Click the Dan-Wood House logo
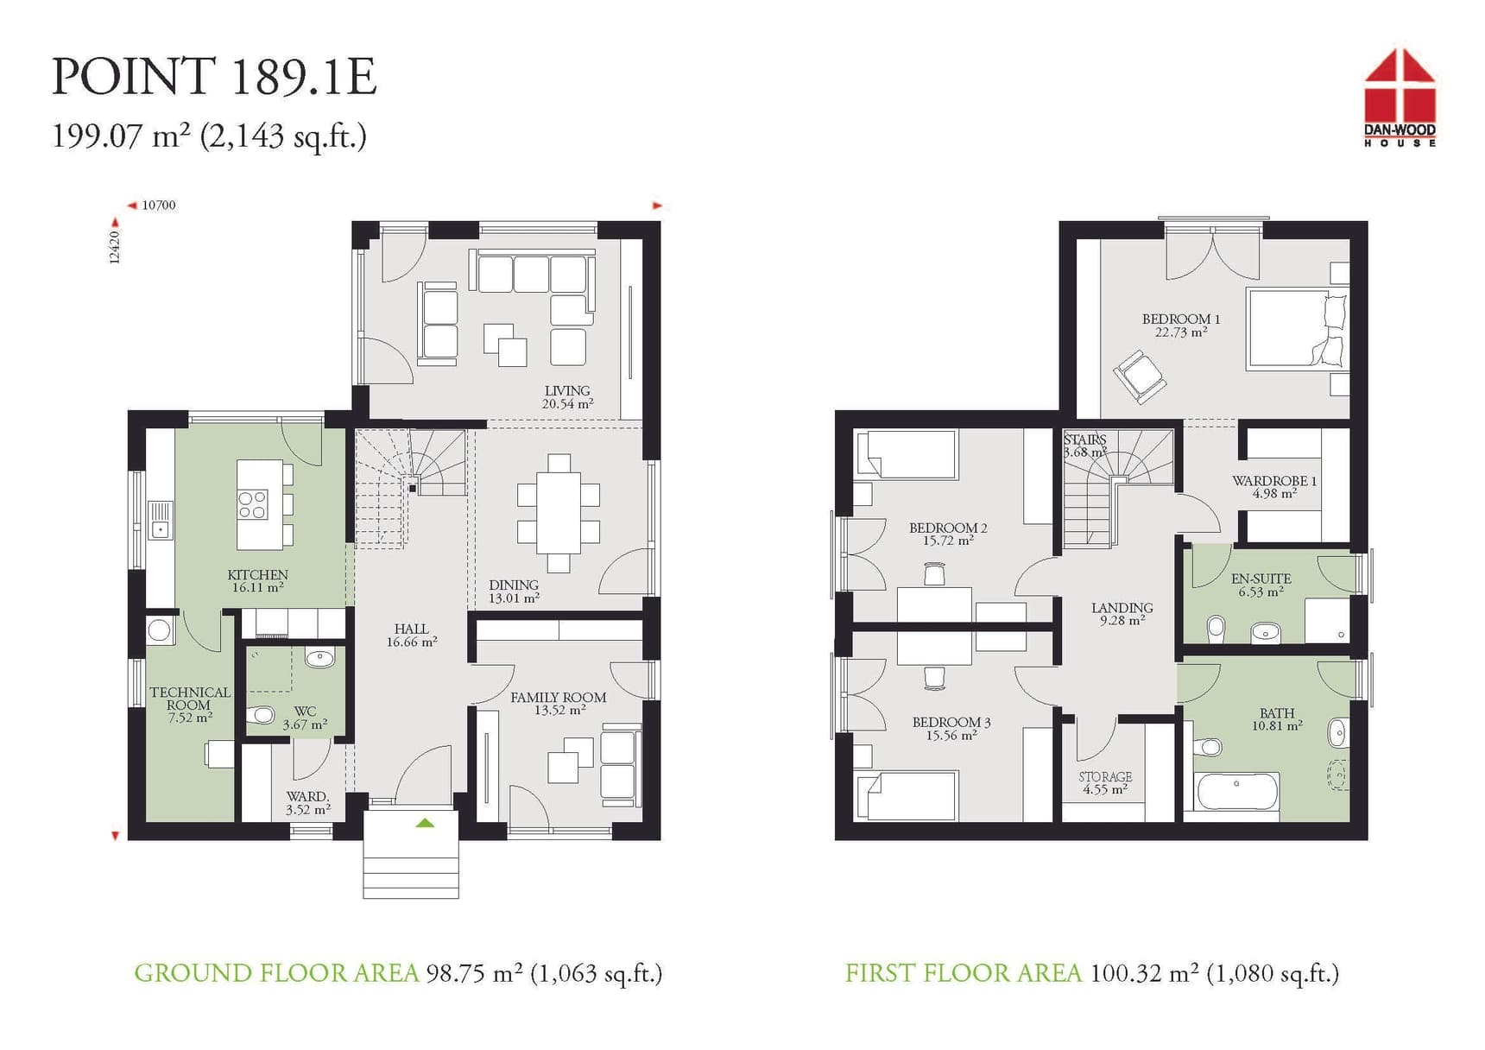(1400, 97)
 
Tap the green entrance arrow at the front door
(425, 823)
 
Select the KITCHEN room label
(257, 575)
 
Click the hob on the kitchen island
(253, 505)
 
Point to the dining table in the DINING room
(559, 513)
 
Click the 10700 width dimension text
(159, 206)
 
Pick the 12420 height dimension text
(115, 247)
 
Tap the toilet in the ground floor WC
(262, 715)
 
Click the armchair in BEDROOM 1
(1140, 376)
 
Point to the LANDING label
(1122, 608)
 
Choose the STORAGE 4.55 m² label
(1105, 782)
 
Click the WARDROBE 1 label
(1273, 481)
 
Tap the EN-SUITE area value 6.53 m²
(1261, 592)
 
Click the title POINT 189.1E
(214, 77)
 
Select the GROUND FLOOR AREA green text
(275, 973)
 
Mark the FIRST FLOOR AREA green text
(963, 973)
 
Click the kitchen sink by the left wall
(161, 521)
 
